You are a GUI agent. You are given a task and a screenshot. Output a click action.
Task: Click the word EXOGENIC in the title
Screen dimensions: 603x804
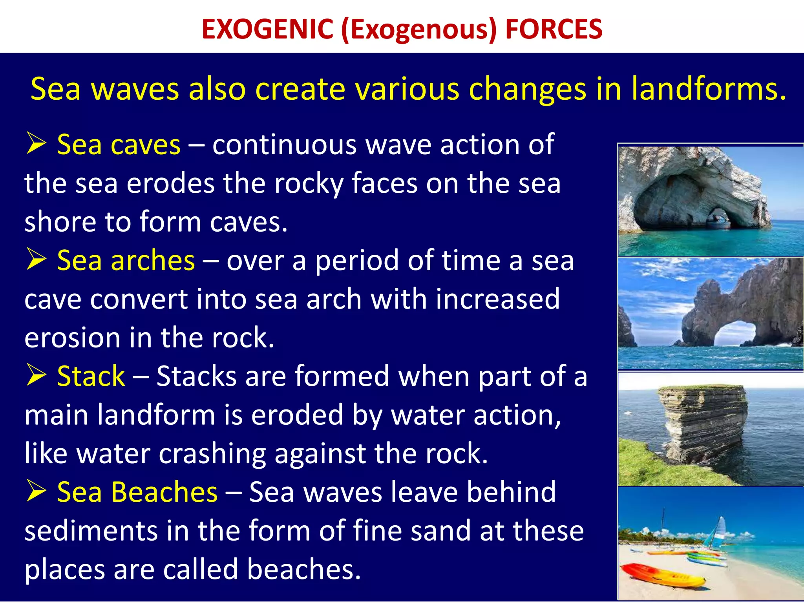point(267,29)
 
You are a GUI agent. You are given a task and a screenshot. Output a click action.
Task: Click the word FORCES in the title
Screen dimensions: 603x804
point(554,29)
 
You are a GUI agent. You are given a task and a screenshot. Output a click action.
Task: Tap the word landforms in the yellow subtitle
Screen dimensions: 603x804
point(709,89)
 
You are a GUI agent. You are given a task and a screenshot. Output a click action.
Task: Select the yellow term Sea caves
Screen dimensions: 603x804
point(119,145)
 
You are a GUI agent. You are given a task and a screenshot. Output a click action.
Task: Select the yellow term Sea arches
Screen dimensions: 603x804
point(126,261)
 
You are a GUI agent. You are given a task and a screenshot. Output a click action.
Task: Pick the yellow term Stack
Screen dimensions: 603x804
point(91,376)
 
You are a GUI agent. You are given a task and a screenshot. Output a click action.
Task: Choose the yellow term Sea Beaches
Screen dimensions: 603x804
point(137,492)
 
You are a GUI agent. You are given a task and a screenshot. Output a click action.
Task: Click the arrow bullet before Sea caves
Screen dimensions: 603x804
point(36,143)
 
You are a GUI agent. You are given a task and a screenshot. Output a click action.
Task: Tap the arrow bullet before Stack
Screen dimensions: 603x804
point(36,375)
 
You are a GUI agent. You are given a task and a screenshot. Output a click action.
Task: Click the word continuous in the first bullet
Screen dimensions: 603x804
point(284,145)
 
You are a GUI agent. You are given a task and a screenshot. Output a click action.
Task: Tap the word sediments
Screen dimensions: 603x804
point(91,531)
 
